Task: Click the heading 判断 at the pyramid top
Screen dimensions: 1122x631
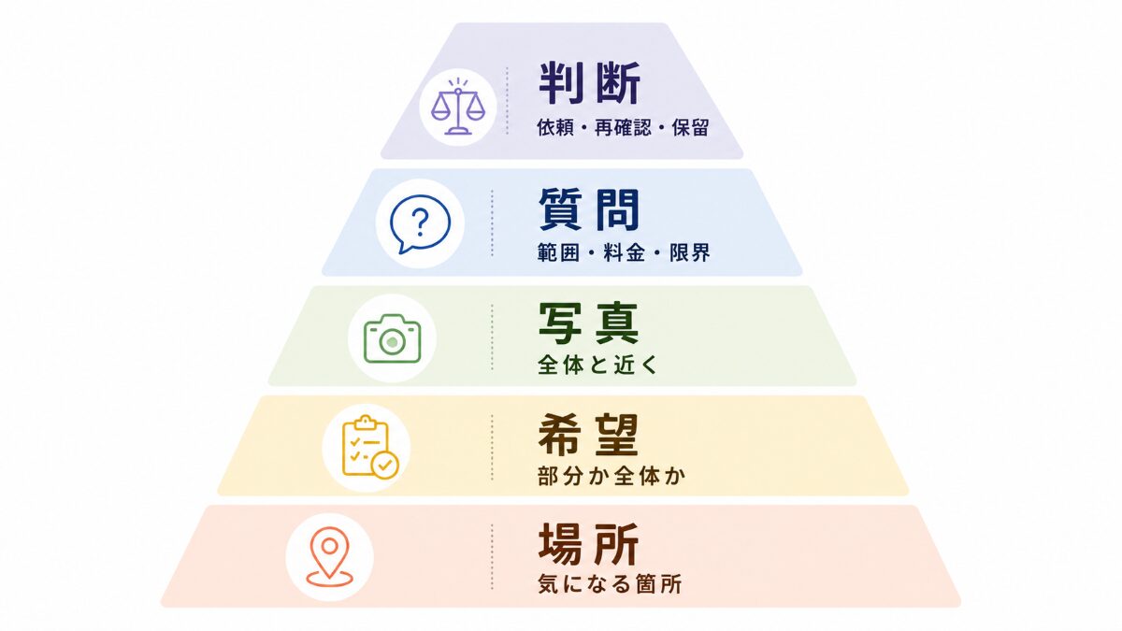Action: click(x=590, y=83)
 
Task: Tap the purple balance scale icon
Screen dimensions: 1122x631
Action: click(x=458, y=108)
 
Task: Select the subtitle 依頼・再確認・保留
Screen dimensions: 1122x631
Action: click(x=623, y=128)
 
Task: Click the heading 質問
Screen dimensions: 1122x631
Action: click(x=589, y=209)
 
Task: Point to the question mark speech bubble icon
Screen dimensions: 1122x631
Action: click(x=420, y=223)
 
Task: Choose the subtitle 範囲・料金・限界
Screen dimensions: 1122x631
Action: click(x=624, y=253)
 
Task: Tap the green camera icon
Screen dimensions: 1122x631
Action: click(x=392, y=338)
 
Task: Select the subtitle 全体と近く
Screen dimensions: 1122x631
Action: click(x=597, y=365)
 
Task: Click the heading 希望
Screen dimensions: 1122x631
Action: click(x=588, y=434)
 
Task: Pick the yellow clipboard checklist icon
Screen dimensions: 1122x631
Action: click(x=370, y=447)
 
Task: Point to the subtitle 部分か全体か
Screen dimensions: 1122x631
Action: click(x=611, y=476)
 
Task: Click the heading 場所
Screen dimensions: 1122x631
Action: click(x=588, y=544)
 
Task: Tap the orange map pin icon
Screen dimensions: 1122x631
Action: click(x=329, y=556)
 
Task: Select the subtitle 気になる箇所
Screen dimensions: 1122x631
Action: click(x=610, y=584)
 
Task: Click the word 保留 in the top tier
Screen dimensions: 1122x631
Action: click(x=690, y=128)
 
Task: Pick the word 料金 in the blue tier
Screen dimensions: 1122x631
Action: click(x=624, y=253)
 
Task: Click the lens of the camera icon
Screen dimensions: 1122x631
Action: click(x=392, y=342)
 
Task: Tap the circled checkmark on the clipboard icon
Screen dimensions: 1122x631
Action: click(x=384, y=466)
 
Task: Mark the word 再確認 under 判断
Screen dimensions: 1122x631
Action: click(x=623, y=128)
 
